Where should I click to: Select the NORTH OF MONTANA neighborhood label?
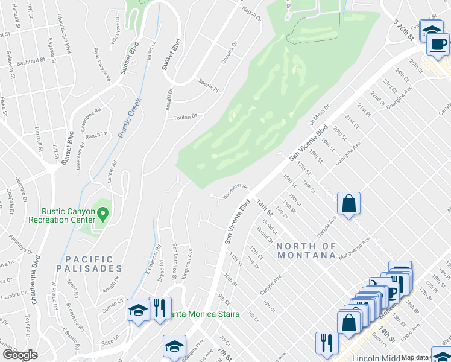pyautogui.click(x=307, y=250)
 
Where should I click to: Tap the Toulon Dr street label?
pyautogui.click(x=185, y=117)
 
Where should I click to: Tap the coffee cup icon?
pyautogui.click(x=438, y=43)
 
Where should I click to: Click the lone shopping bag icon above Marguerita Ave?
pyautogui.click(x=349, y=203)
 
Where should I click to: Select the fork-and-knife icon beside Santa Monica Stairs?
pyautogui.click(x=159, y=308)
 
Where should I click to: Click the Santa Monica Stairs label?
pyautogui.click(x=205, y=314)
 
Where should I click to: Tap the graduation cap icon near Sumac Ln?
pyautogui.click(x=137, y=310)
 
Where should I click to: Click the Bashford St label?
pyautogui.click(x=31, y=62)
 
